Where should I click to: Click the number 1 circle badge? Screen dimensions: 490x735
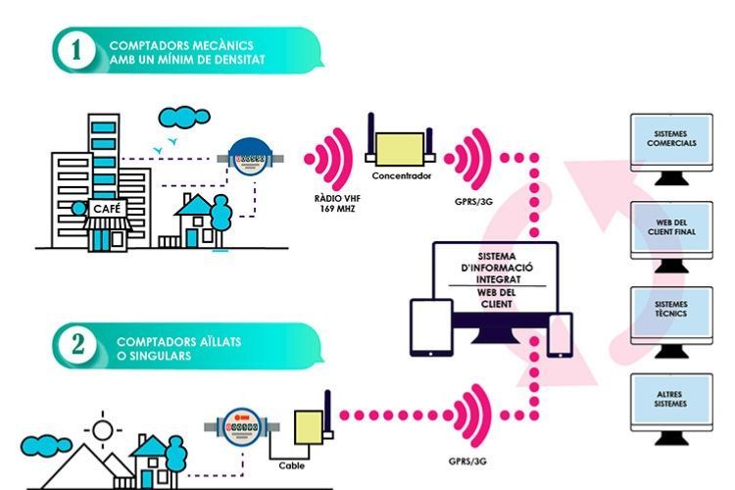pyautogui.click(x=75, y=52)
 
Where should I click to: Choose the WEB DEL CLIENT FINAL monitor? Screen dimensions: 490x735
pyautogui.click(x=672, y=229)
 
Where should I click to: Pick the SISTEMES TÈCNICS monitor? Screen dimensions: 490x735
pyautogui.click(x=672, y=313)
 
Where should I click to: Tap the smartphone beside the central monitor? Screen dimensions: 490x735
pyautogui.click(x=560, y=334)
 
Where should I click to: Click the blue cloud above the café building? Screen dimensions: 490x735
pyautogui.click(x=178, y=118)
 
